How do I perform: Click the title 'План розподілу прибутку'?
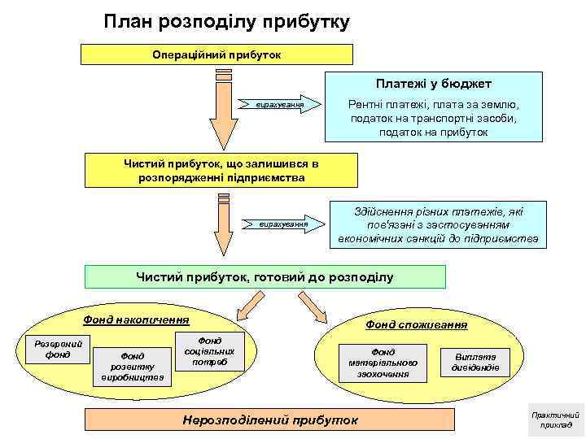click(227, 22)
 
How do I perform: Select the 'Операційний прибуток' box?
click(216, 54)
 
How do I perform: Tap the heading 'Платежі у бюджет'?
click(433, 84)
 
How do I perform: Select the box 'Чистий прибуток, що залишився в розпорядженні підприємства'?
click(221, 171)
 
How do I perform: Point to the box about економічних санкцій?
click(439, 224)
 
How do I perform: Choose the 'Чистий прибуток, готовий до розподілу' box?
click(265, 277)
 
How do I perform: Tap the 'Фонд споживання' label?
click(416, 324)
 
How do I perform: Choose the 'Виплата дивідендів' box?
click(475, 362)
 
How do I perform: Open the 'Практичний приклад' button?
click(556, 419)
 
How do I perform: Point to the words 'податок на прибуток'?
click(433, 132)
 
